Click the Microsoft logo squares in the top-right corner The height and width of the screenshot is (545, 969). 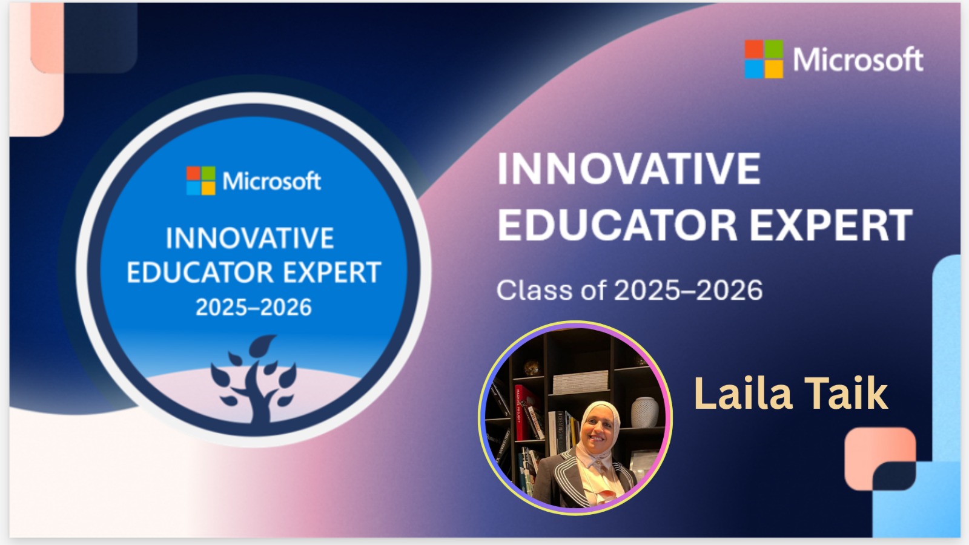[764, 59]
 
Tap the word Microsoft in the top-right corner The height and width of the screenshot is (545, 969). [858, 59]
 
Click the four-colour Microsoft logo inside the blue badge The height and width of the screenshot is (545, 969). [200, 181]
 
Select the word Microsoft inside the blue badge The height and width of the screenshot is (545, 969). [272, 181]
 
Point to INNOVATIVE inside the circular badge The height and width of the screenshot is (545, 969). [250, 238]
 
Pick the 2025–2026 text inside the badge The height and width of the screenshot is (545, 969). [254, 308]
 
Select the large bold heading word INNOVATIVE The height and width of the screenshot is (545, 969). [629, 169]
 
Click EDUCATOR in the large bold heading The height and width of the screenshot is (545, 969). [617, 225]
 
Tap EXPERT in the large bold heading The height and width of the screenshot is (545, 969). [831, 225]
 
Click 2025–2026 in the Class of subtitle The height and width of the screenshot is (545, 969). [688, 290]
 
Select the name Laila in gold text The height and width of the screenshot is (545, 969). [743, 393]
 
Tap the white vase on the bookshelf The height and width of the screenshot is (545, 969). [644, 412]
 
